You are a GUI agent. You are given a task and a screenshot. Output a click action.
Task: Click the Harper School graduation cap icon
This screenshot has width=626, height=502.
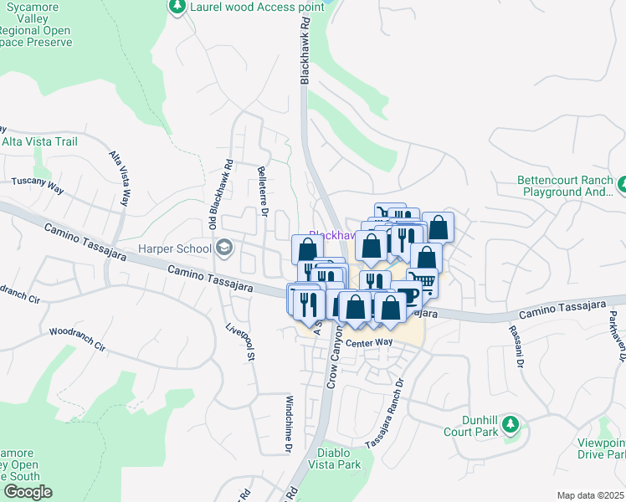click(224, 247)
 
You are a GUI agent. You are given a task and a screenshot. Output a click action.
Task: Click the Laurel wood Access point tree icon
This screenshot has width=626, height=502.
click(177, 7)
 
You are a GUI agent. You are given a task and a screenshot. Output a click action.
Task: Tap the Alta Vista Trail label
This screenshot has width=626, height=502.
click(39, 141)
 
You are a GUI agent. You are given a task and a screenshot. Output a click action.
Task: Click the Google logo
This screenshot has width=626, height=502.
click(28, 492)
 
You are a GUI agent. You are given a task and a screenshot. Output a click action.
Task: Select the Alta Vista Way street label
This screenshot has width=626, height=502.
click(121, 178)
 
